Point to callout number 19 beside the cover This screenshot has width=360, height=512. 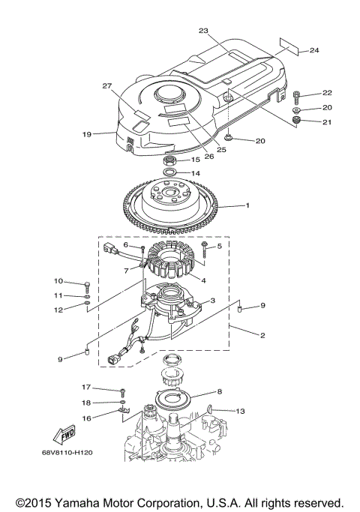[87, 134]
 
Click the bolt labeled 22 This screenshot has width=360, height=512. [298, 94]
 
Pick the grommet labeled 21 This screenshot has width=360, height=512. [297, 120]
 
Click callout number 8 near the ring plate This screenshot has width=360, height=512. [220, 391]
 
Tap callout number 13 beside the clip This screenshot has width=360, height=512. [241, 411]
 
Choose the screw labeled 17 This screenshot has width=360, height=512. [121, 391]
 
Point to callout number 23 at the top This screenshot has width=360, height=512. [203, 31]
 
